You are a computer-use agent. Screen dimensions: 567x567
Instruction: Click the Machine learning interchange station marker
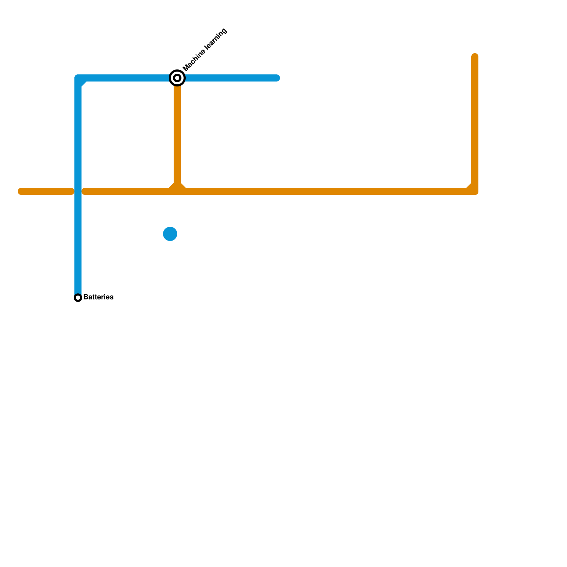(x=177, y=78)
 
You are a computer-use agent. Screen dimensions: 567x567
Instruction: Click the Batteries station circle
(x=78, y=298)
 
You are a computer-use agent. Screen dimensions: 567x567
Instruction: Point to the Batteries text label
(x=98, y=297)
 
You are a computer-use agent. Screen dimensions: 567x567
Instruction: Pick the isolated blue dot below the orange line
(x=170, y=234)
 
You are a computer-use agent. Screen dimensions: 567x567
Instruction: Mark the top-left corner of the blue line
(x=78, y=78)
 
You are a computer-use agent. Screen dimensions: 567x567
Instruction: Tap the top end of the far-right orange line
(x=475, y=56)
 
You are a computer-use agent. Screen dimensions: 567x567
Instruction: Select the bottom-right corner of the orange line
(x=475, y=191)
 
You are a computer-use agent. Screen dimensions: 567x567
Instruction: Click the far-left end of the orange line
(x=21, y=192)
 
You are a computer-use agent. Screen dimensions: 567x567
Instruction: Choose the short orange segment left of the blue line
(x=46, y=192)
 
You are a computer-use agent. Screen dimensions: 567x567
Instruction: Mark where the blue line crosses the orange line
(x=78, y=192)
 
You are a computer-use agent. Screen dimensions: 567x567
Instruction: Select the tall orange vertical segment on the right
(x=475, y=120)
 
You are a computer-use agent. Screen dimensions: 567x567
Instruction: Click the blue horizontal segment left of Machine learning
(x=128, y=78)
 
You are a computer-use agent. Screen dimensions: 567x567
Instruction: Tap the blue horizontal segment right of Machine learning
(x=230, y=78)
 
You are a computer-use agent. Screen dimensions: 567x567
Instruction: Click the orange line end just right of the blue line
(x=85, y=192)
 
